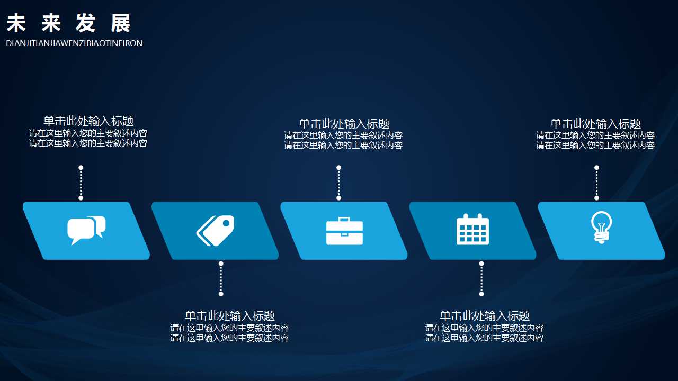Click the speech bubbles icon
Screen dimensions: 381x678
coord(86,230)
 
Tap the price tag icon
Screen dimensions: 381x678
coord(215,231)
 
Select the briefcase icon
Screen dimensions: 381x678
coord(344,231)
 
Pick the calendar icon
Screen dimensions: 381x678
coord(472,230)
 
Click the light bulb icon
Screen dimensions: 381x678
coord(601,228)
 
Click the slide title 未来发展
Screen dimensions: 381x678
coord(68,24)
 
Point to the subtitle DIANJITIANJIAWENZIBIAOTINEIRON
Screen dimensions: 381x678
coord(74,43)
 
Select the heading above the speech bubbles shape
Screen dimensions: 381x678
coord(88,121)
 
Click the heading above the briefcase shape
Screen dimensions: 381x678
coord(344,124)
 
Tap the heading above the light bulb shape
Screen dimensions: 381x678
coord(595,124)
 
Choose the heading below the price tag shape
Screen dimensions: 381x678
coord(229,316)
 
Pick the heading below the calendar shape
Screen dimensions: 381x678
coord(485,316)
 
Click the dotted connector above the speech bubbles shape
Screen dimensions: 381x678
coord(81,183)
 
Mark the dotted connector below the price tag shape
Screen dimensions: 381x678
coord(221,278)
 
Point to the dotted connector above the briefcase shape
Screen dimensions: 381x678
coord(339,183)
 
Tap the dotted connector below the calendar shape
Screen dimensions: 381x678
coord(481,278)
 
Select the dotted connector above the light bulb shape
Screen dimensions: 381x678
coord(596,183)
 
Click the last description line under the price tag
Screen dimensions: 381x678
coord(229,338)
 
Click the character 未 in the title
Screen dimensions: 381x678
coord(16,24)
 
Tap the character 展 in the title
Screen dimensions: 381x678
coord(121,24)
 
